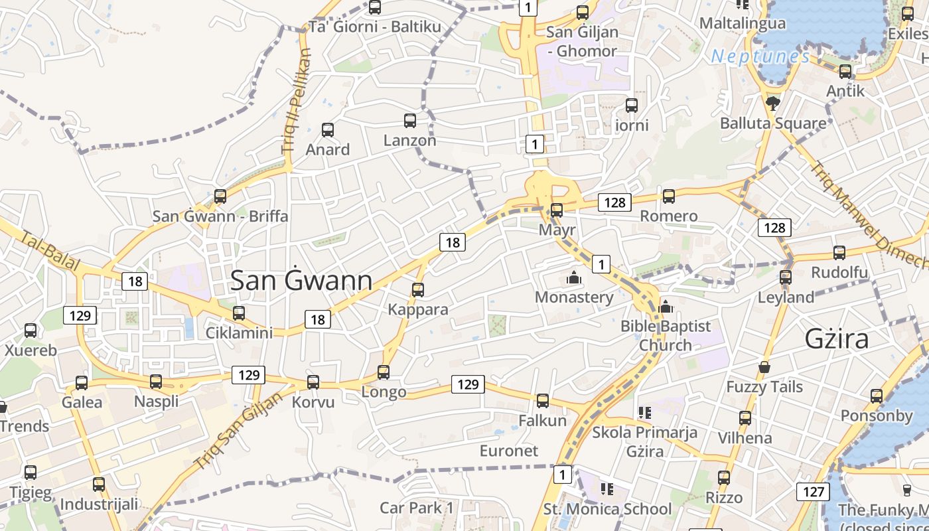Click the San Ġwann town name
click(x=301, y=281)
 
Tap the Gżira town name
click(x=836, y=339)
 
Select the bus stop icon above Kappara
click(x=418, y=290)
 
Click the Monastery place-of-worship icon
click(x=574, y=277)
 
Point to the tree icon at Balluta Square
click(x=772, y=103)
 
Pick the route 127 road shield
click(x=812, y=492)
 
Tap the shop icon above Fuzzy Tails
click(x=764, y=367)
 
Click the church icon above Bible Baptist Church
click(x=666, y=307)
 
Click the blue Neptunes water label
click(x=760, y=57)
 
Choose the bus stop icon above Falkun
click(x=543, y=401)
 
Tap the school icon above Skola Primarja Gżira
click(x=644, y=413)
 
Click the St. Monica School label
click(x=607, y=509)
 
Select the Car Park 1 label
click(x=417, y=508)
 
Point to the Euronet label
click(x=509, y=451)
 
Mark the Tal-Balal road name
click(x=50, y=251)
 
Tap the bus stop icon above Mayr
click(x=557, y=210)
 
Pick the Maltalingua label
click(x=743, y=23)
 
